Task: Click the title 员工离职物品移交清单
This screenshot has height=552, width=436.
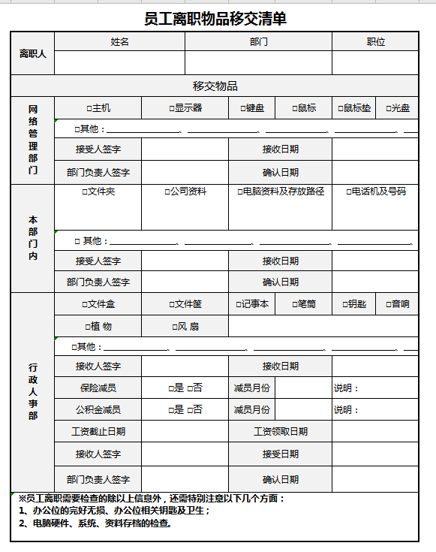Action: [215, 18]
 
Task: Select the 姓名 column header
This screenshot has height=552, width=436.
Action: [119, 42]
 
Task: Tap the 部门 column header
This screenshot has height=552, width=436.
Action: [258, 42]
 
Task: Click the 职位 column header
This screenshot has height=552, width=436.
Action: [375, 42]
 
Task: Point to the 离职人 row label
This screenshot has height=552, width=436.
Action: [32, 53]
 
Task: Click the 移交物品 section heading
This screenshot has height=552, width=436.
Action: [215, 86]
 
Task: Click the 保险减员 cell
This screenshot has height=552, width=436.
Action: [98, 388]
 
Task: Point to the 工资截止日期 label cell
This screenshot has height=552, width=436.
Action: [98, 432]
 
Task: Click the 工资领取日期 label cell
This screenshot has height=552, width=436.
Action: [280, 432]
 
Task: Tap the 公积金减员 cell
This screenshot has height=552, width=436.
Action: [98, 410]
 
